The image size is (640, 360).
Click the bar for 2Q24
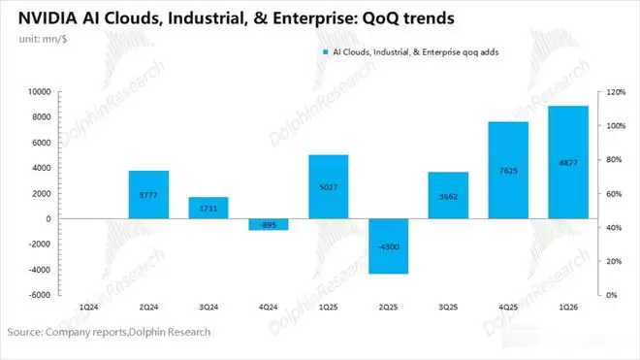tap(148, 194)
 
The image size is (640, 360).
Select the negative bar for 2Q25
tap(389, 246)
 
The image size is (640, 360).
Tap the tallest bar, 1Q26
tap(568, 162)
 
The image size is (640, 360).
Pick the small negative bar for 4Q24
tap(269, 224)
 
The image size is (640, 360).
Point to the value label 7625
tap(508, 171)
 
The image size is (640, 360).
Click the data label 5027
tap(329, 187)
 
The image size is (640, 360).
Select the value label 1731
tap(208, 209)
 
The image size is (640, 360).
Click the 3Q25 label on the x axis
tap(448, 307)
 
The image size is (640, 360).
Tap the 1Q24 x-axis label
tap(88, 307)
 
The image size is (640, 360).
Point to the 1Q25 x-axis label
tap(329, 307)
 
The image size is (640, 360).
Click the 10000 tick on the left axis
tap(40, 92)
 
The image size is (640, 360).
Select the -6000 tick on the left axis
tap(40, 295)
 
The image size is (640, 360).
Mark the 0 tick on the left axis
tap(48, 218)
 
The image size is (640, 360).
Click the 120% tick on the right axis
tap(616, 92)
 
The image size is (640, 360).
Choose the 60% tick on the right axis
tap(614, 194)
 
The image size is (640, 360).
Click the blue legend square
tap(326, 52)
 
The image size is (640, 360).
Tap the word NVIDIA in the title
tap(48, 18)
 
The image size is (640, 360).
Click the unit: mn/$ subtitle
tap(43, 39)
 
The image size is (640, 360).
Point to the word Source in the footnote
tap(25, 332)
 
